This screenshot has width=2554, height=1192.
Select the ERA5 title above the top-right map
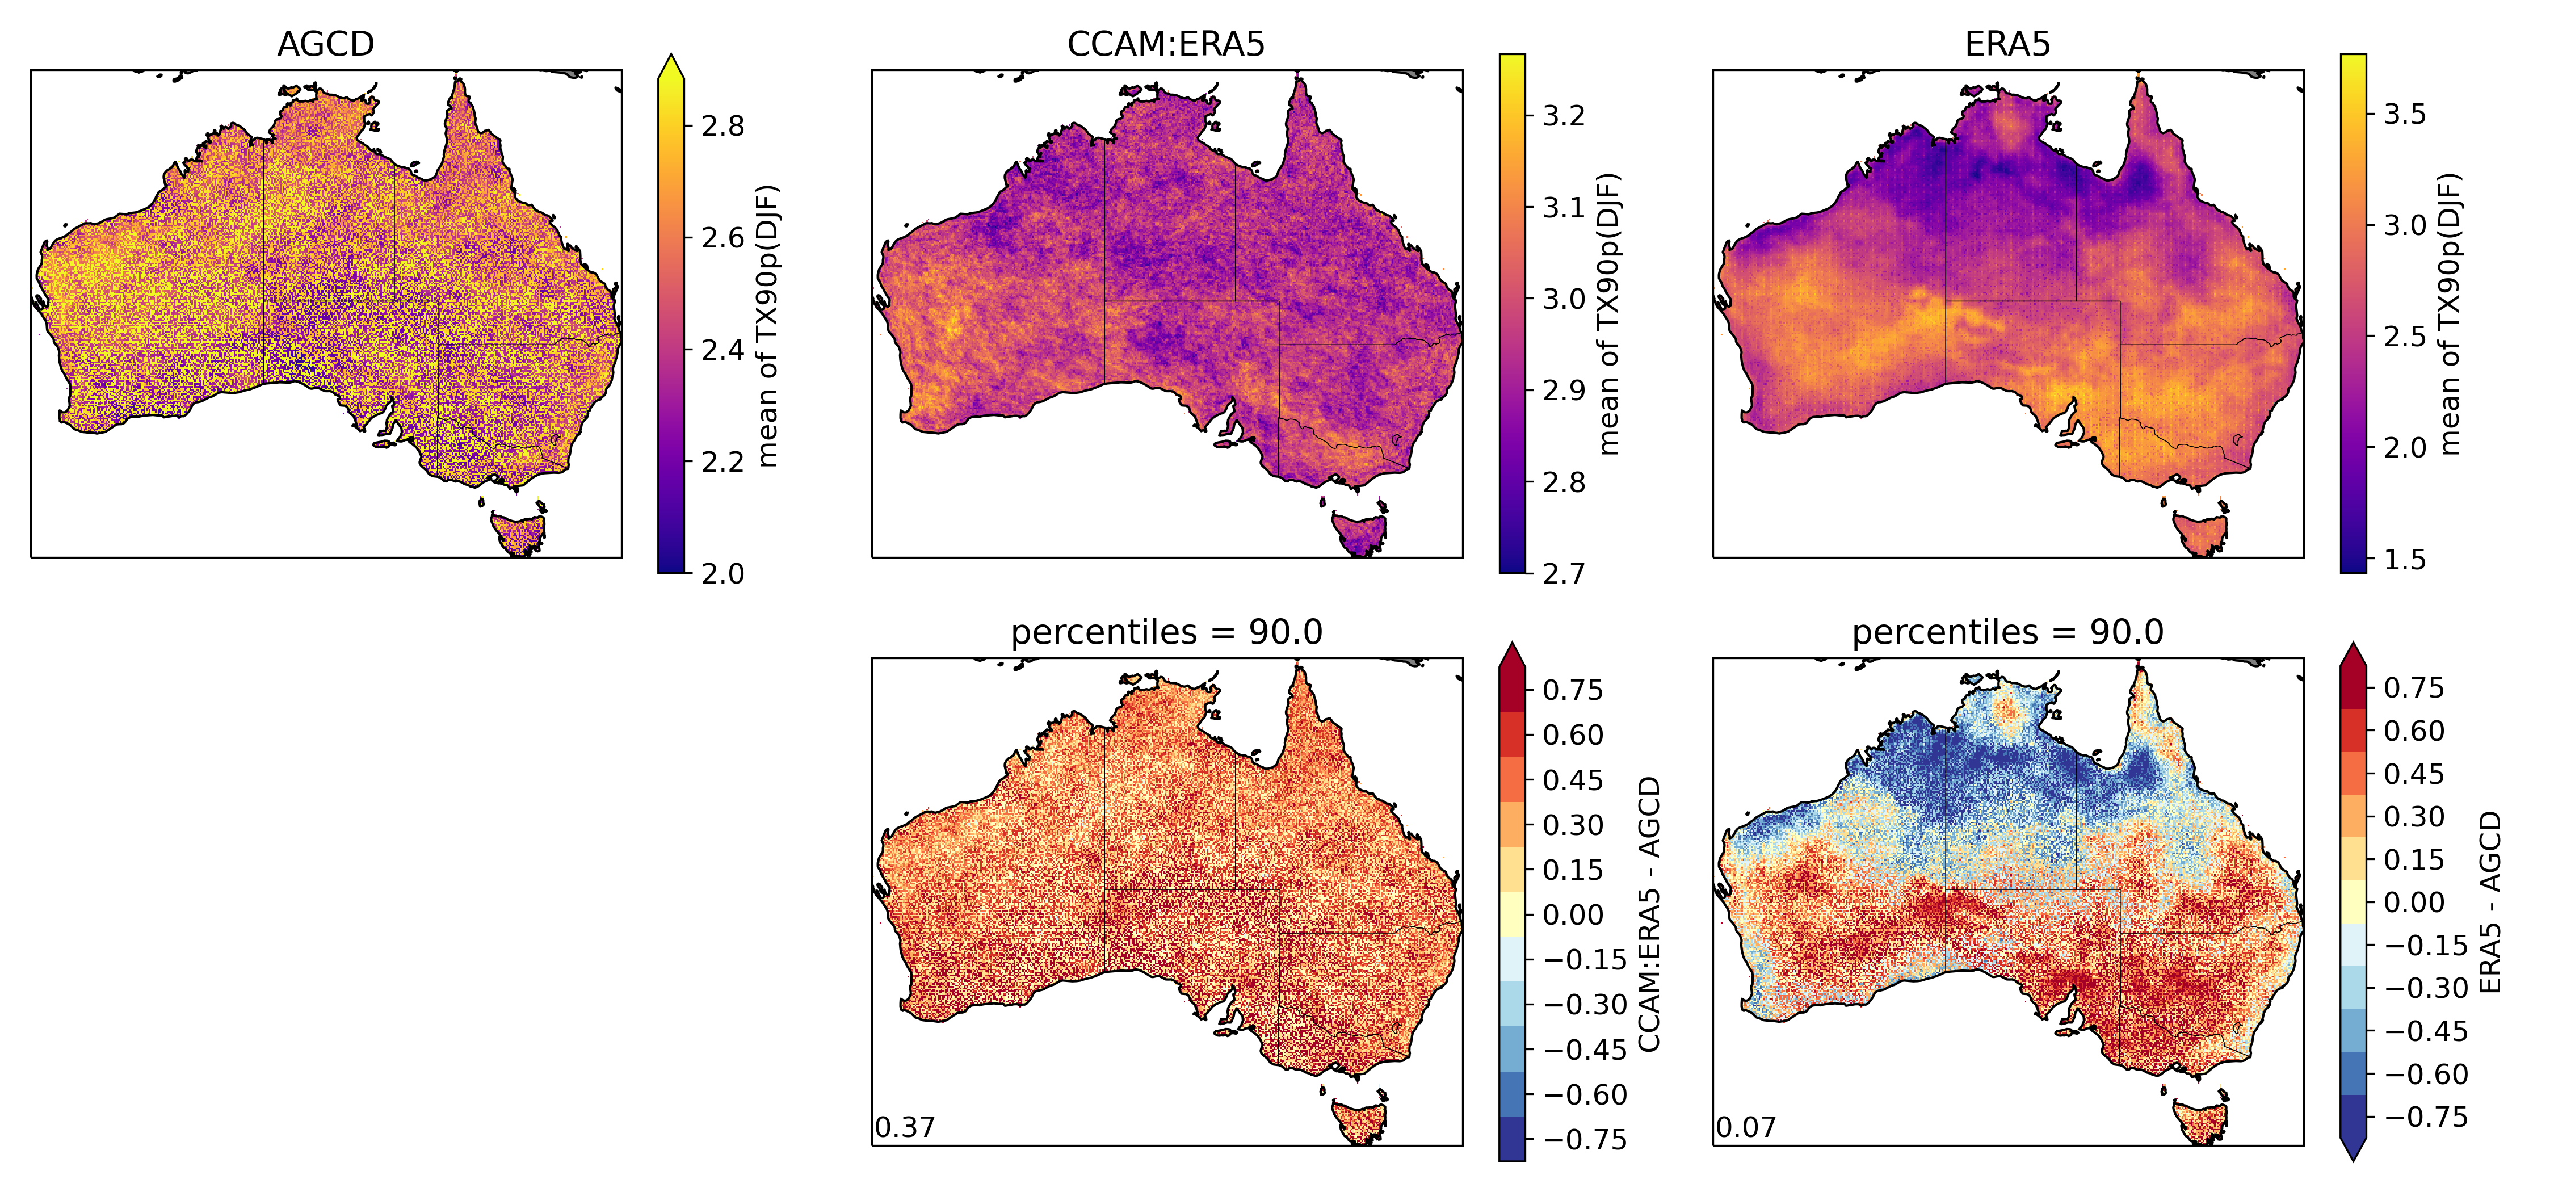[2007, 45]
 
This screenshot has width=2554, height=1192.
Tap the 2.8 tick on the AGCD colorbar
[722, 126]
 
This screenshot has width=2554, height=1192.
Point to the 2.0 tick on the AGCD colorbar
[722, 573]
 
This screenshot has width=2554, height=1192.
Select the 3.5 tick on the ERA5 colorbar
[2404, 114]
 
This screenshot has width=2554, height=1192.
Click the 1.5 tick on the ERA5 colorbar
[2404, 559]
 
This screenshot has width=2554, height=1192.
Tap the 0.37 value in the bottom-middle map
[904, 1127]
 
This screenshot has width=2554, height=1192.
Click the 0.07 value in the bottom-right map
[1746, 1127]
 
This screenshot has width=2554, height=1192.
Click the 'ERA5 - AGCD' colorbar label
[2489, 903]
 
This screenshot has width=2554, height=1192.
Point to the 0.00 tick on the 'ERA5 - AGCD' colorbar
[2413, 903]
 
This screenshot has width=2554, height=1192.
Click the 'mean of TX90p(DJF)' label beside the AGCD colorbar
[766, 325]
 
